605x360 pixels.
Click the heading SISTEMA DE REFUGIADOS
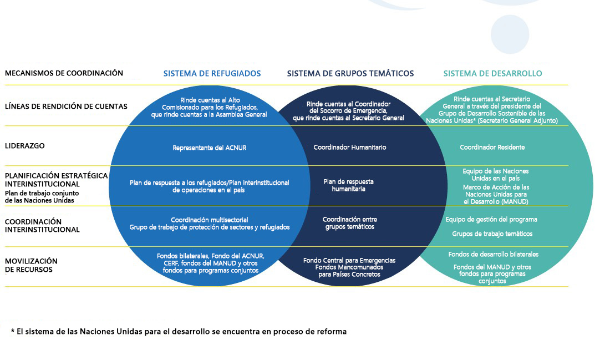[212, 73]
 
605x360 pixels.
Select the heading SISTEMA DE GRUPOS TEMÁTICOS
[350, 73]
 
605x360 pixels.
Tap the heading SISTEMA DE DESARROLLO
[492, 73]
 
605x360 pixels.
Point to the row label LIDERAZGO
[25, 146]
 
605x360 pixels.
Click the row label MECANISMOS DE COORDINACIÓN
[64, 73]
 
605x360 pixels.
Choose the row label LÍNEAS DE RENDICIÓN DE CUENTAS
[66, 107]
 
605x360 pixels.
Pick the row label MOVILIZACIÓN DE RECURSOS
[31, 265]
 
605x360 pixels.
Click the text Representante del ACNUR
[210, 148]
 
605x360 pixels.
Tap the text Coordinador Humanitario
[350, 148]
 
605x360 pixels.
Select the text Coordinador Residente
[492, 148]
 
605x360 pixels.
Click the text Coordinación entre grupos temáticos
[350, 223]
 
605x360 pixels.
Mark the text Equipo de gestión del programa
[491, 219]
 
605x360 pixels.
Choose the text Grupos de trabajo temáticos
[492, 234]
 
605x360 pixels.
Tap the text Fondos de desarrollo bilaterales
[493, 254]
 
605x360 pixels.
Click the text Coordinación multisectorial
[210, 220]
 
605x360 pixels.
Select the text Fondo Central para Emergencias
[349, 260]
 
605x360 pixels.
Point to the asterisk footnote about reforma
[179, 331]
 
